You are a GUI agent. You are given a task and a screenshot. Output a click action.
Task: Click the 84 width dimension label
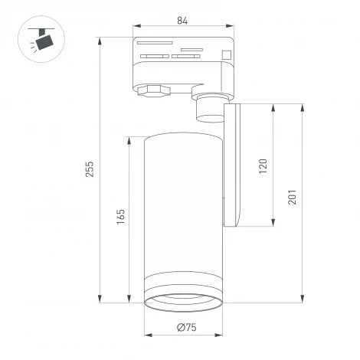click(x=182, y=20)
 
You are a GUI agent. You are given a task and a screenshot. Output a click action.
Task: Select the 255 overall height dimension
click(x=89, y=169)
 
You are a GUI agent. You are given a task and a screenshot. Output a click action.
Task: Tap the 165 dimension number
click(x=120, y=218)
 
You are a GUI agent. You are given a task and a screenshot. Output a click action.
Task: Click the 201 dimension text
click(x=292, y=198)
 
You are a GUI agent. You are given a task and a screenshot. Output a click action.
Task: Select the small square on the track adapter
click(x=227, y=54)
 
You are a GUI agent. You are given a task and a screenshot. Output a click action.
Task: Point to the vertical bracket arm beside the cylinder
click(x=234, y=165)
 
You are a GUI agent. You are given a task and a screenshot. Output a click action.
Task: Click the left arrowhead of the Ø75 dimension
click(x=147, y=336)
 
